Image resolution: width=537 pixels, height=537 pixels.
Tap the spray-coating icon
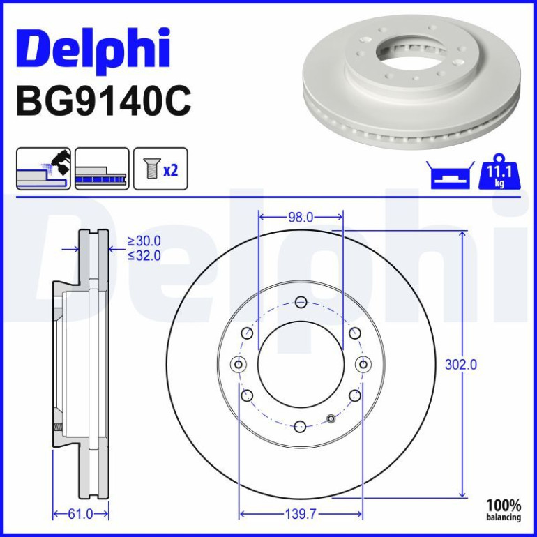click(x=43, y=169)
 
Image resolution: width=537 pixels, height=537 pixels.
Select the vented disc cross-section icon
click(x=102, y=169)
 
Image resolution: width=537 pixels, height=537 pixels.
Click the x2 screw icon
click(x=160, y=169)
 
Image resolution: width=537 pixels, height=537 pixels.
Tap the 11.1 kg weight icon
click(x=499, y=172)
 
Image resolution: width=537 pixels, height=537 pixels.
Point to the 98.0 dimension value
click(x=301, y=217)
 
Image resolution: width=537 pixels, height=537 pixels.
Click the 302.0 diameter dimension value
click(x=460, y=365)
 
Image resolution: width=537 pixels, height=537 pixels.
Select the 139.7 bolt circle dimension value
click(x=301, y=514)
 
